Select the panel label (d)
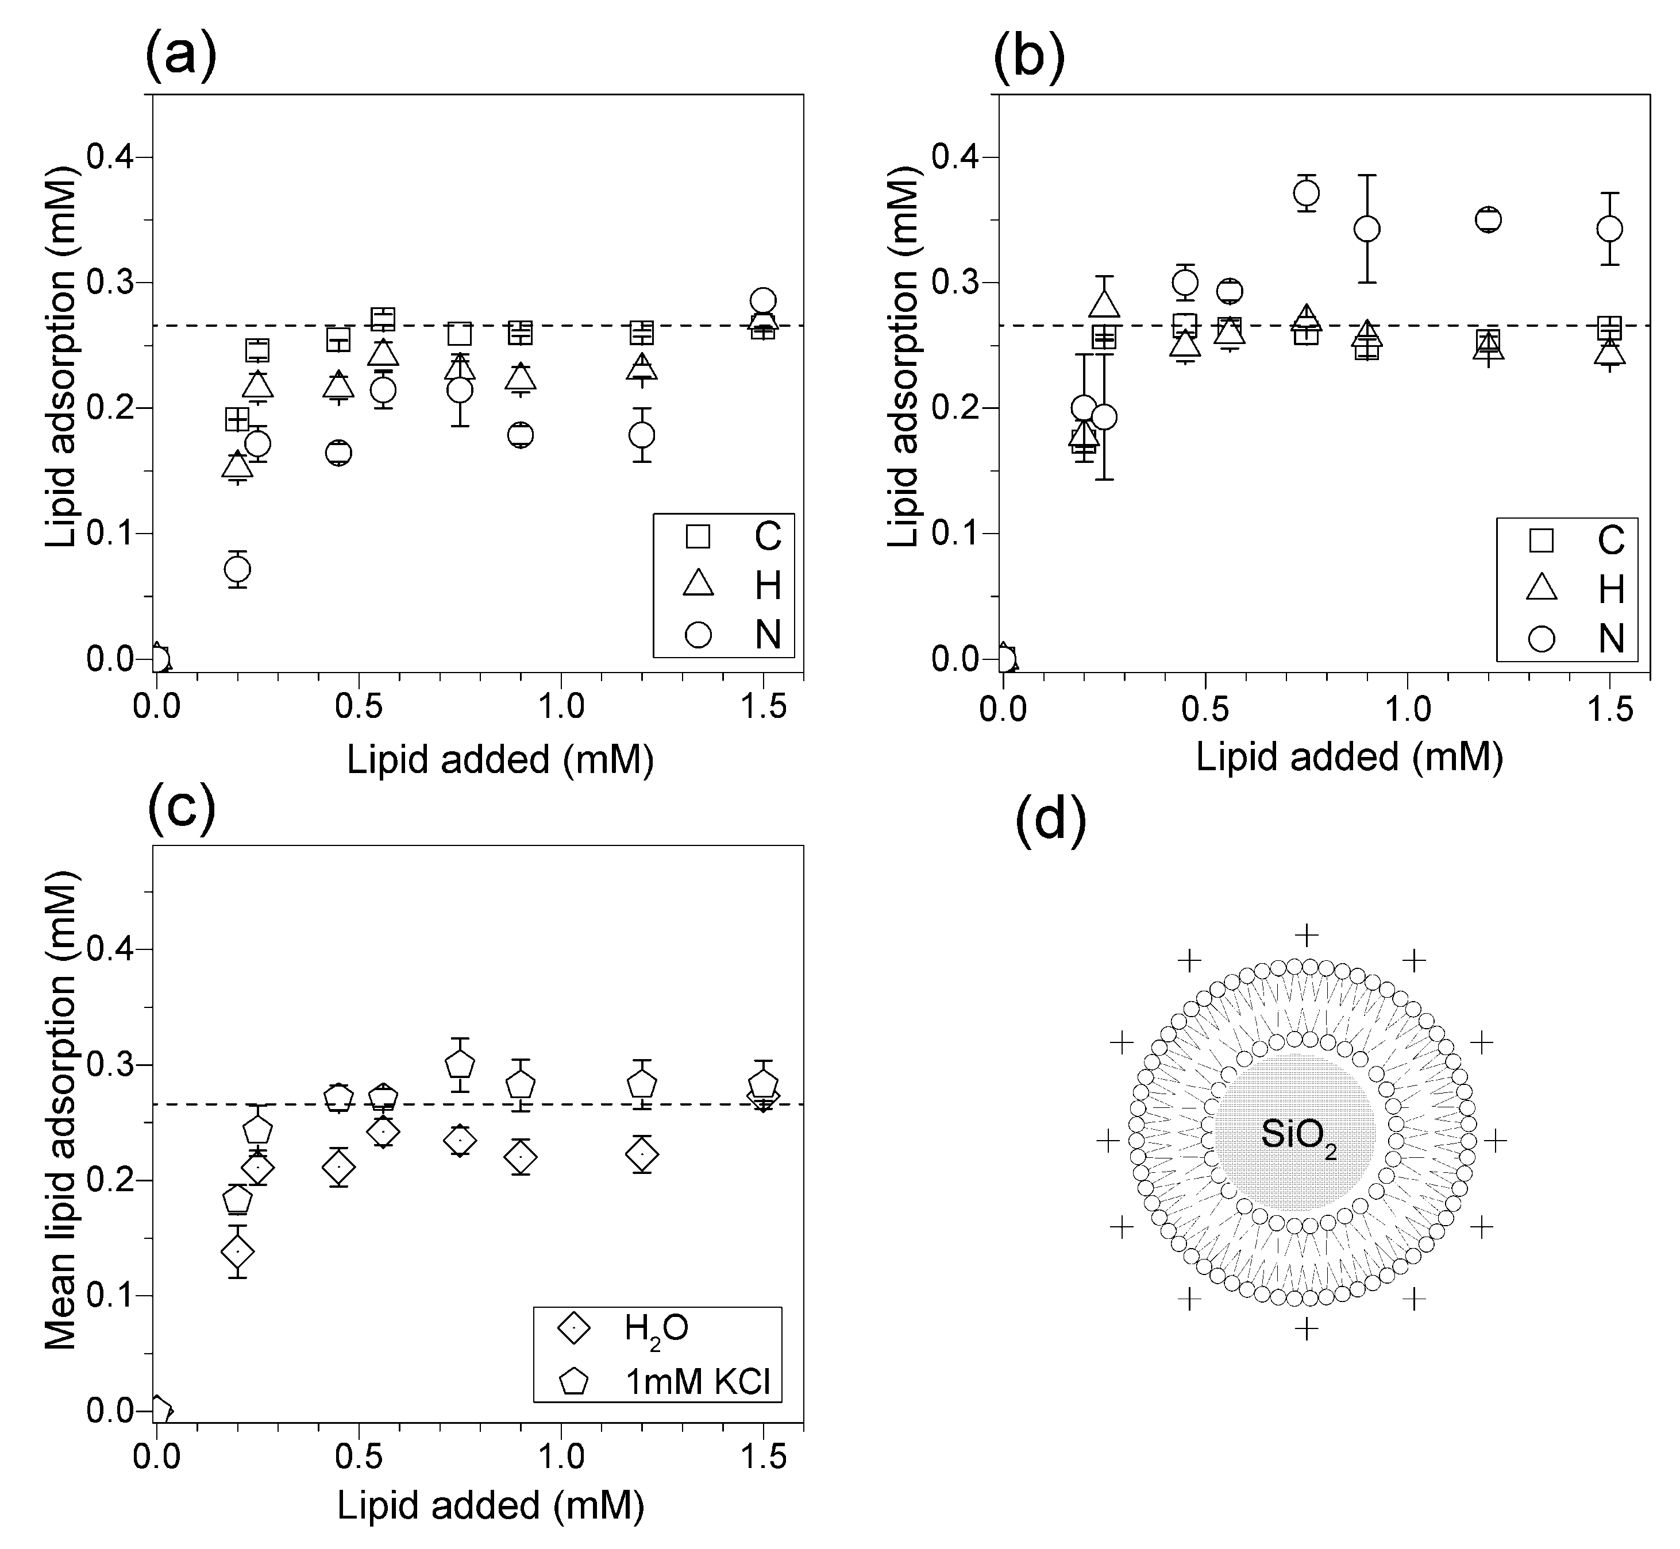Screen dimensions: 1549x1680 pos(1050,818)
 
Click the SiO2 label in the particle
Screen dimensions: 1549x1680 pos(1298,1136)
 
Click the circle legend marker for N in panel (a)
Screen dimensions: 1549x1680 pos(698,635)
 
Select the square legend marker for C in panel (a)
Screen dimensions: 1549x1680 pos(698,536)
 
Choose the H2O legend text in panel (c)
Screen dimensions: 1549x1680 pos(656,1328)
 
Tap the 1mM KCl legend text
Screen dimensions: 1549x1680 pos(698,1381)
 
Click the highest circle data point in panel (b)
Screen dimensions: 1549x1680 pos(1306,194)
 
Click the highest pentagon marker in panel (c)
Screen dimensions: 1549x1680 pos(460,1064)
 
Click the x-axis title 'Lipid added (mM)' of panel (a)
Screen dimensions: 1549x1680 pos(500,759)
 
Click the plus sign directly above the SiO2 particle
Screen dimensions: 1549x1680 pos(1306,934)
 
